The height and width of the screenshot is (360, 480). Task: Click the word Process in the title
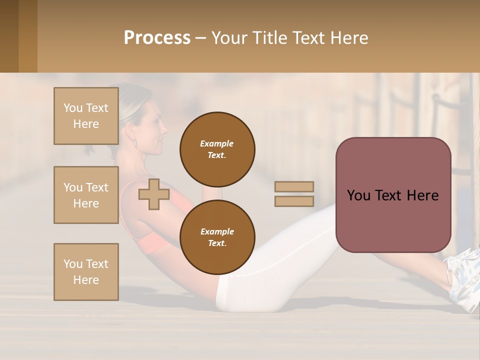pos(157,38)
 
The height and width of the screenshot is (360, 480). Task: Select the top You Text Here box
pos(86,116)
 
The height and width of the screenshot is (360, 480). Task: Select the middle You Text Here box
pos(86,195)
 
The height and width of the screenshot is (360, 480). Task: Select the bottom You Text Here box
pos(86,271)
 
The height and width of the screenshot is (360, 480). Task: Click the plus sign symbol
pos(153,194)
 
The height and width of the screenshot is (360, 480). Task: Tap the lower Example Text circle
pos(217,237)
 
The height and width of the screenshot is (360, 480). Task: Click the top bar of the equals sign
pos(294,186)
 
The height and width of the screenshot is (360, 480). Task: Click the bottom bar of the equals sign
pos(294,201)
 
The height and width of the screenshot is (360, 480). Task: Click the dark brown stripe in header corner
pos(9,36)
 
